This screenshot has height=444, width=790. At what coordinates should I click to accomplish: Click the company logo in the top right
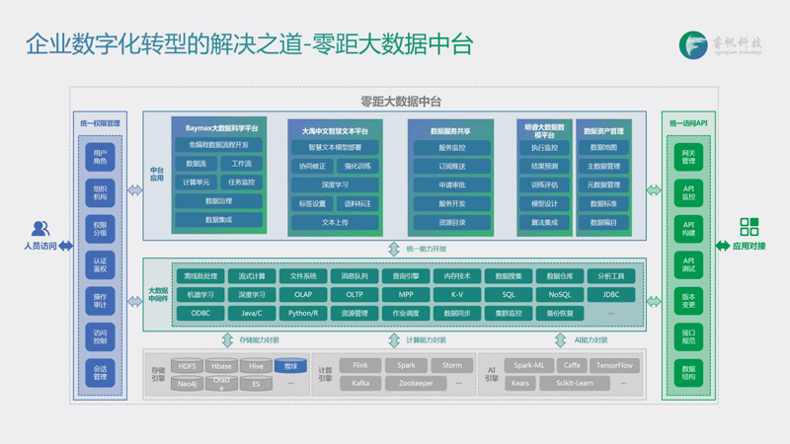coord(693,44)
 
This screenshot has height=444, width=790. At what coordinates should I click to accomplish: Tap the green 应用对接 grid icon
coord(749,228)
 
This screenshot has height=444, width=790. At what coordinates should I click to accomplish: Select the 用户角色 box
coord(100,156)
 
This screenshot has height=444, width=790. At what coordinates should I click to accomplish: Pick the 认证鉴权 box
coord(100,263)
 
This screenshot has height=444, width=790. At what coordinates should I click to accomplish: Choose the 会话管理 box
coord(100,372)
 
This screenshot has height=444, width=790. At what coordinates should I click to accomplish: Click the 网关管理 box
coord(688,156)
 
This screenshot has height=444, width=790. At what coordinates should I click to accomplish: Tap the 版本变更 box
coord(688,300)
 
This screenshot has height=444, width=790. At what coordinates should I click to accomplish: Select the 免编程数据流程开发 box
coord(218,145)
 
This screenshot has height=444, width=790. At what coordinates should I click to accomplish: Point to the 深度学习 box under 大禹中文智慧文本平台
coord(335,185)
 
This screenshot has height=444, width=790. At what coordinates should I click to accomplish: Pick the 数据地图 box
coord(603,148)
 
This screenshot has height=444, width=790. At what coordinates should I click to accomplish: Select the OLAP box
coord(302,294)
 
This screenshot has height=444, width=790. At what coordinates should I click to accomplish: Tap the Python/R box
coord(302,313)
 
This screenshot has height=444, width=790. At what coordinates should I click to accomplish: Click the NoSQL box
coord(559,294)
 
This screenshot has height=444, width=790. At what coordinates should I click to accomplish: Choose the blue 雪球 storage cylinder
coord(290,366)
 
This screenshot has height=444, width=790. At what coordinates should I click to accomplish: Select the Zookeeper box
coord(409,383)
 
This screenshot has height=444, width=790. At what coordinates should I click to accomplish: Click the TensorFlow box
coord(614,365)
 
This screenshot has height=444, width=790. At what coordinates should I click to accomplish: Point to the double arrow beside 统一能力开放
coord(394,249)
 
